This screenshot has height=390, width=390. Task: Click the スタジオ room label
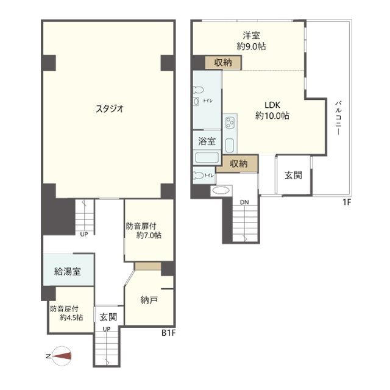pyautogui.click(x=110, y=108)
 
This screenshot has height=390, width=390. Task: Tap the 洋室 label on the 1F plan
pyautogui.click(x=252, y=35)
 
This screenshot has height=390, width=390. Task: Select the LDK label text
pyautogui.click(x=272, y=105)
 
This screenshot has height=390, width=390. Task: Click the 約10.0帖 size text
pyautogui.click(x=272, y=116)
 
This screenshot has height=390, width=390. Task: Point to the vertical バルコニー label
pyautogui.click(x=338, y=118)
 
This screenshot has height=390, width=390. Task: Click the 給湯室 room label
pyautogui.click(x=68, y=271)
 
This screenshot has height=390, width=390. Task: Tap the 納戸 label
pyautogui.click(x=149, y=300)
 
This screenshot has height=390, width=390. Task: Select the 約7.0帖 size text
pyautogui.click(x=149, y=235)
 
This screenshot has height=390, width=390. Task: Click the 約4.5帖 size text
pyautogui.click(x=71, y=317)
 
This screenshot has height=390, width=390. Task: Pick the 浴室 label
pyautogui.click(x=207, y=141)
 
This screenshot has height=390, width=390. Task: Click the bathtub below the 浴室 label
pyautogui.click(x=207, y=157)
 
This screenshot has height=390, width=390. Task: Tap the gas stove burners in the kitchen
pyautogui.click(x=230, y=123)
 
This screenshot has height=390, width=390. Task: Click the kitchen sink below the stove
pyautogui.click(x=229, y=146)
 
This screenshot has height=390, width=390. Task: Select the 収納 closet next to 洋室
pyautogui.click(x=223, y=62)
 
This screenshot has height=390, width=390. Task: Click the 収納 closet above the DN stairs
pyautogui.click(x=238, y=163)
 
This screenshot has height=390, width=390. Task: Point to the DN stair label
pyautogui.click(x=244, y=202)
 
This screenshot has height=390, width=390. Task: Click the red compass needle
pyautogui.click(x=62, y=356)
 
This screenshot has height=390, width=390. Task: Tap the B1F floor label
pyautogui.click(x=168, y=333)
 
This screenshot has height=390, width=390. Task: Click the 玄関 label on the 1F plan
pyautogui.click(x=293, y=175)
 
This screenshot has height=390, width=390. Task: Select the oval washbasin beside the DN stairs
pyautogui.click(x=221, y=191)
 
